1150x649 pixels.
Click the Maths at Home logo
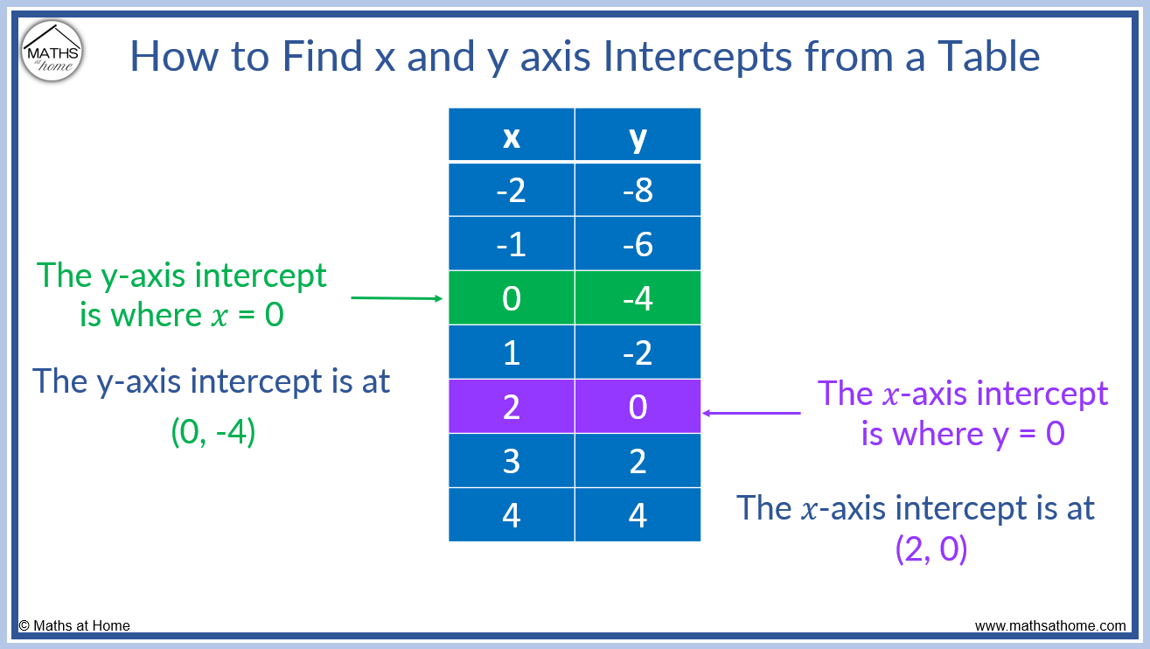[52, 51]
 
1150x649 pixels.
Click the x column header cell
[512, 135]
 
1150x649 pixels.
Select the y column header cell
[638, 135]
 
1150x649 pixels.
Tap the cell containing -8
[638, 189]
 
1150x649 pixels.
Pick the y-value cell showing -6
[638, 243]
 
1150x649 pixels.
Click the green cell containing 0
[512, 298]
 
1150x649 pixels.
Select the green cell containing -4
[638, 298]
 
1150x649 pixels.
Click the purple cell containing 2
[512, 407]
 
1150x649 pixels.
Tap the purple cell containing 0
[638, 407]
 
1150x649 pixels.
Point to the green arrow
[397, 298]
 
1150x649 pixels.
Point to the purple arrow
[751, 413]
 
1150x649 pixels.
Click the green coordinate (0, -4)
[213, 433]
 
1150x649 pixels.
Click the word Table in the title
[989, 56]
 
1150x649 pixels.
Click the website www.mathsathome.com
[1050, 625]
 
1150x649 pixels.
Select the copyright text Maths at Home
[74, 625]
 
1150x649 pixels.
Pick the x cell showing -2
[512, 189]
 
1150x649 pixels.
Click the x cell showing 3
[512, 461]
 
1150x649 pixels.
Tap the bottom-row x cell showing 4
[512, 515]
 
